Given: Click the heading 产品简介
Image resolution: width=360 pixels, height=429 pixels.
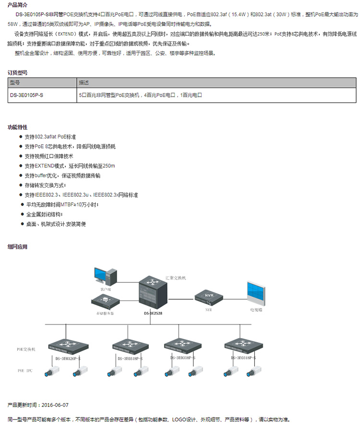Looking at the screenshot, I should pos(18,4).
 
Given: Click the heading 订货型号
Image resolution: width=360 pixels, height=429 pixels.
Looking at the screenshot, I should pos(18,73).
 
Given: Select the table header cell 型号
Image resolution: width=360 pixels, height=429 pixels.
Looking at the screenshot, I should pos(14,83).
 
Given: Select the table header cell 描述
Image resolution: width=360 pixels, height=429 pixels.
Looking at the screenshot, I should pos(84,83).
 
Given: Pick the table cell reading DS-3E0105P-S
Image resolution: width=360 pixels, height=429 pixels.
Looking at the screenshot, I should pos(26,95).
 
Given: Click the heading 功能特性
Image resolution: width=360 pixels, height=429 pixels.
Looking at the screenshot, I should pos(18,127).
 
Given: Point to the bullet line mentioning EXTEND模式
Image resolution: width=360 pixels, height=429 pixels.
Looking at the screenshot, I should pos(70,166).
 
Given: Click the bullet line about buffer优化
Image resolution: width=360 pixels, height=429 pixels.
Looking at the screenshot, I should pos(62,175).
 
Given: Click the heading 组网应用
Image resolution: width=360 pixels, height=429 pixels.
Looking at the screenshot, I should pos(18,246).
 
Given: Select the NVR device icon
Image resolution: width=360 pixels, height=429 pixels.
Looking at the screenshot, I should pos(209,297).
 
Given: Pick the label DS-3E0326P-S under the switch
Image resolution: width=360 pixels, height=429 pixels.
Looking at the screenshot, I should pos(68,358).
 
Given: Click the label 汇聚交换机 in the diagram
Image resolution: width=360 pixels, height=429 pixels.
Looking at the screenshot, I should pos(175,278).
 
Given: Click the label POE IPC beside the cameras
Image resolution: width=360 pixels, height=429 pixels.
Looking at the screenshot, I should pos(25,371).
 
